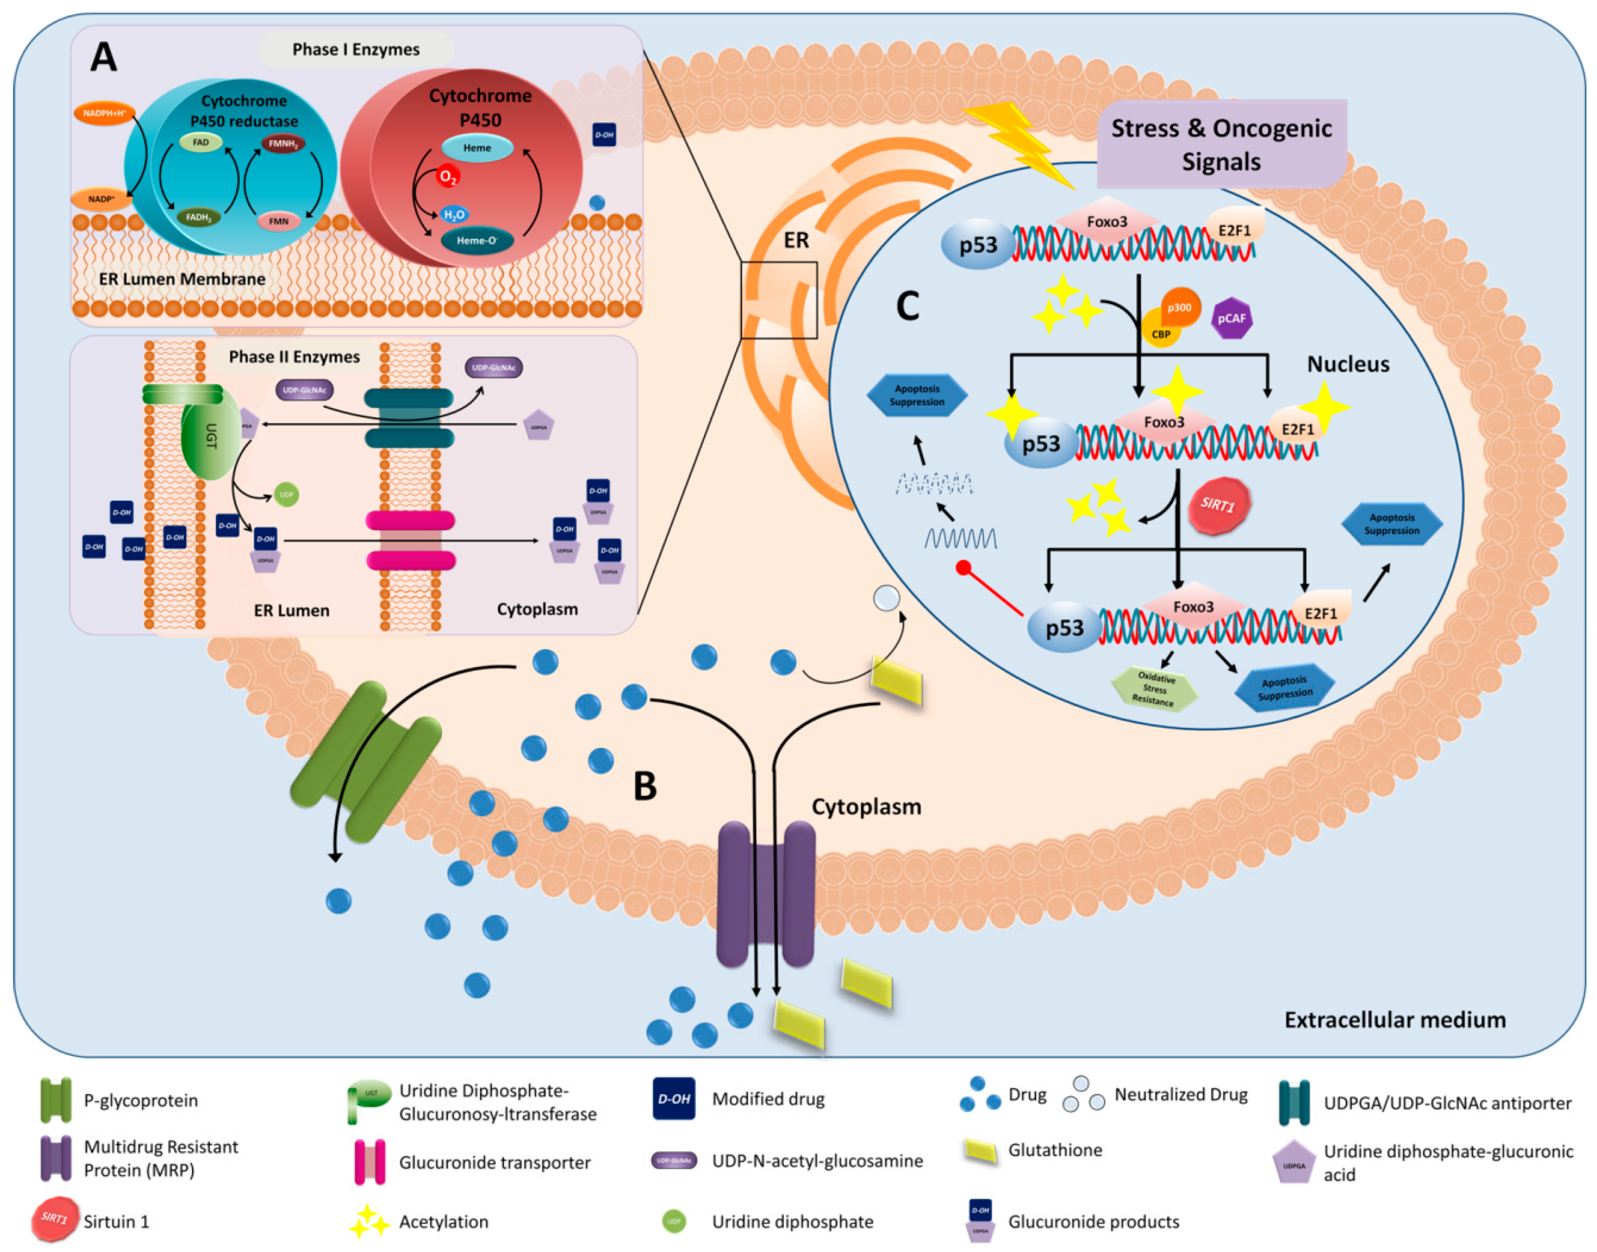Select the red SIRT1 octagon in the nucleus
pos(1218,505)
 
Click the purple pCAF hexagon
pos(1230,318)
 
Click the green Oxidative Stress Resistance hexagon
pos(1154,689)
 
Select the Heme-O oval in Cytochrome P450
pos(477,240)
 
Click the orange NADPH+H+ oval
pos(104,113)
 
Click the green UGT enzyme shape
pos(210,435)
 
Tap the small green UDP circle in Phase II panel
pos(286,495)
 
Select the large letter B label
pos(644,786)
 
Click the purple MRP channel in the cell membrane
pos(765,894)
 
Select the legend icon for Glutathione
pos(980,1151)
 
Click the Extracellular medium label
pos(1394,1020)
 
